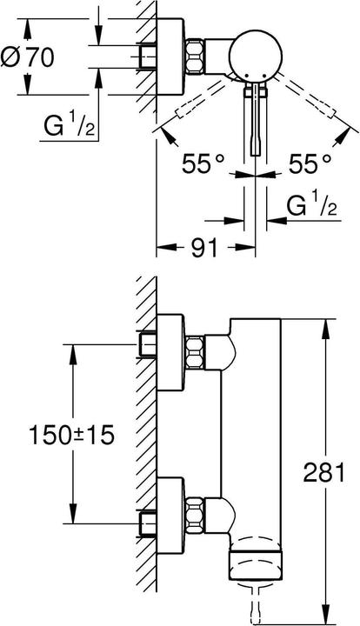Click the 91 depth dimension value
coord(203,249)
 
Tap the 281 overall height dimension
coord(337,471)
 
